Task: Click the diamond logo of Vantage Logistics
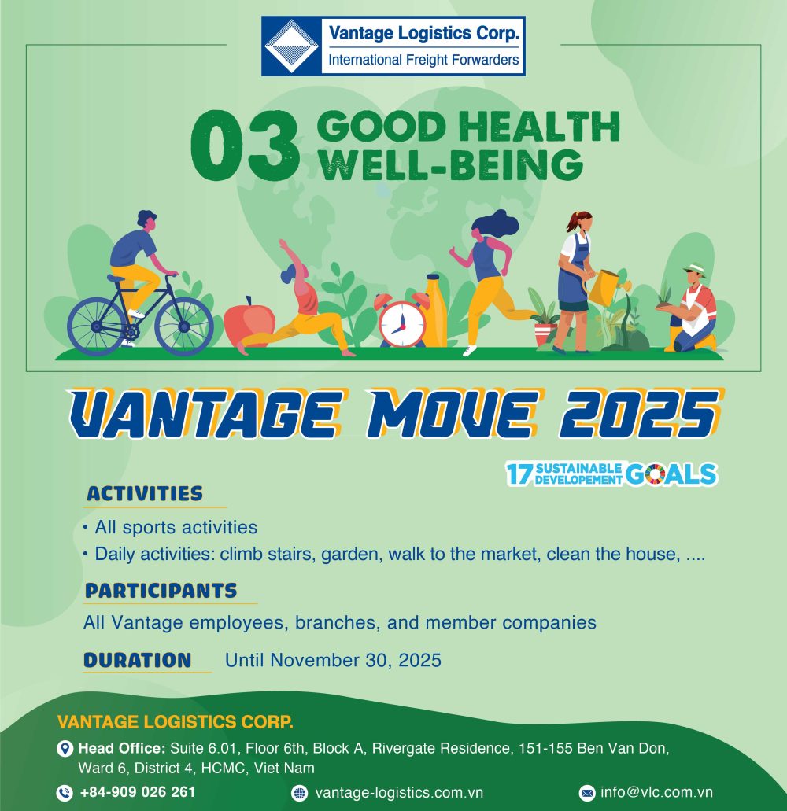coord(291,46)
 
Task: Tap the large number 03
coord(245,146)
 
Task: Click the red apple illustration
coord(249,324)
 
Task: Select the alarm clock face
coord(402,324)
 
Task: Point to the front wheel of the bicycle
coord(183,326)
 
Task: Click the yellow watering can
coord(606,288)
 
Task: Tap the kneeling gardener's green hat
coord(696,270)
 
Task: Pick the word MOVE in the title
coord(453,414)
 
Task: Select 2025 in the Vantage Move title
coord(640,414)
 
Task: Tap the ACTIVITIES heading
coord(145,493)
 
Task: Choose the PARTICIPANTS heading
coord(161,591)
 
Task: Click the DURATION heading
coord(138,661)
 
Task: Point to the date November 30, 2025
coord(356,661)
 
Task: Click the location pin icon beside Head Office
coord(65,748)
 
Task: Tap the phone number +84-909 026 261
coord(138,792)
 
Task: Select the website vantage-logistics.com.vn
coord(399,792)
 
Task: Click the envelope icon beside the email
coord(587,792)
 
